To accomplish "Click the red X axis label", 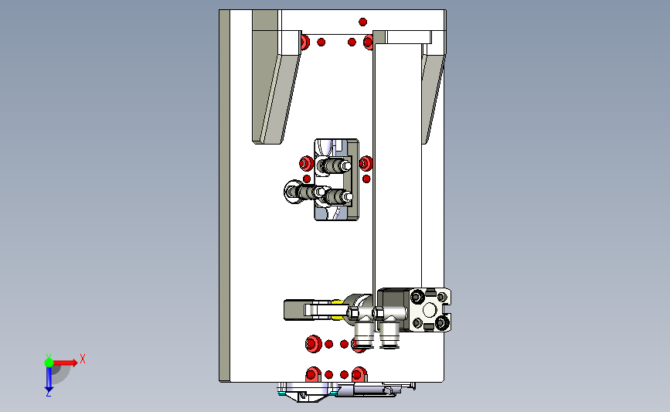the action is [x=83, y=359].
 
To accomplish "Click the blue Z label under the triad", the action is [x=48, y=393].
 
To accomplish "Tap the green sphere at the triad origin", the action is [x=49, y=363].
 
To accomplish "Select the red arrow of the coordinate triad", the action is [x=65, y=363].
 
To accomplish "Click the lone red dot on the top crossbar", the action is [x=362, y=22].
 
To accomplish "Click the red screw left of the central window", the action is [x=306, y=163].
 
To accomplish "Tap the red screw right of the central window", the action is [x=366, y=163].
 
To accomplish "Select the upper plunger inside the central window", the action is [x=335, y=165].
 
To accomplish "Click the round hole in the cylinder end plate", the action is [x=430, y=309].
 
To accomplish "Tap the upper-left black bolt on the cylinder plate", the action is [x=417, y=295].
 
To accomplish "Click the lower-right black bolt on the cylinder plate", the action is [x=442, y=322].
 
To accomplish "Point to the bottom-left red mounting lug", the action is [x=313, y=374].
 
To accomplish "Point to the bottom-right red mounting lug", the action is [x=359, y=374].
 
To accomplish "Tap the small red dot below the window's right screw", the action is [x=366, y=179].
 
